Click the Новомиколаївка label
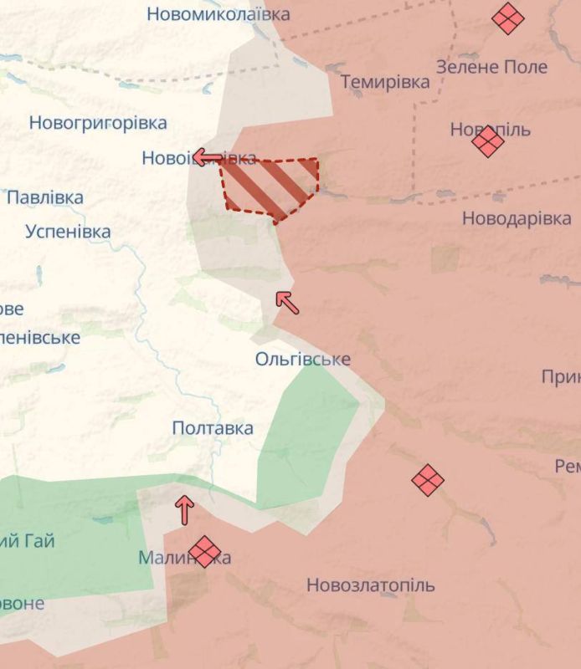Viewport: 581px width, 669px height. click(219, 14)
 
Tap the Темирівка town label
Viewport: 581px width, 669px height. click(385, 82)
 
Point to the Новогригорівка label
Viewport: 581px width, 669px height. click(98, 123)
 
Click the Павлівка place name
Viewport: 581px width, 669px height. click(45, 198)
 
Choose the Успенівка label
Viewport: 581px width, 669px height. click(68, 232)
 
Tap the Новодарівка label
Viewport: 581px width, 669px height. click(517, 218)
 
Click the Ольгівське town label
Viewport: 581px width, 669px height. click(302, 360)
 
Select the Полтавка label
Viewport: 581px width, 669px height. click(213, 428)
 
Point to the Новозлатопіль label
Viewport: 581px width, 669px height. click(371, 585)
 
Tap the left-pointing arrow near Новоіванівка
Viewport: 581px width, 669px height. click(208, 156)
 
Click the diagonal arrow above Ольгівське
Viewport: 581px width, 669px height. click(287, 302)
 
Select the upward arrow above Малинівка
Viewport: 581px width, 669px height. click(184, 510)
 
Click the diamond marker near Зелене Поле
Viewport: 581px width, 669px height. click(507, 18)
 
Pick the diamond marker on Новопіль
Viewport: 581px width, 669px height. click(487, 141)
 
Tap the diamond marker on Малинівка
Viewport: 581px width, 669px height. click(204, 552)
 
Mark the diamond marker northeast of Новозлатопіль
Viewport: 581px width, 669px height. click(428, 480)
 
